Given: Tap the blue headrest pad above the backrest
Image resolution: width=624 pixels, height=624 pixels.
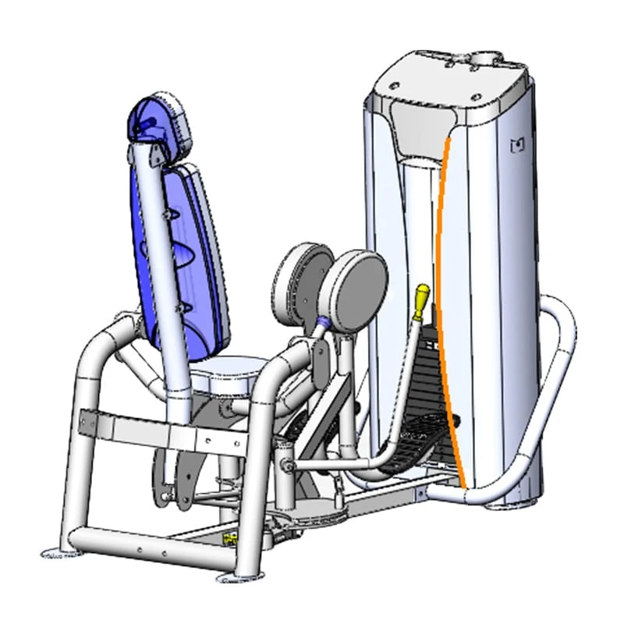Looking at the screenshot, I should (161, 121).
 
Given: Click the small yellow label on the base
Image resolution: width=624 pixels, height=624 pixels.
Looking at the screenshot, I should (231, 537).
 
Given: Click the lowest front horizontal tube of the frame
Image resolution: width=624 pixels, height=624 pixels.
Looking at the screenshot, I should (148, 546).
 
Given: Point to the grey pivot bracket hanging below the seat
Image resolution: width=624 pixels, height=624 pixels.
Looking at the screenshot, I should (175, 476).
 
